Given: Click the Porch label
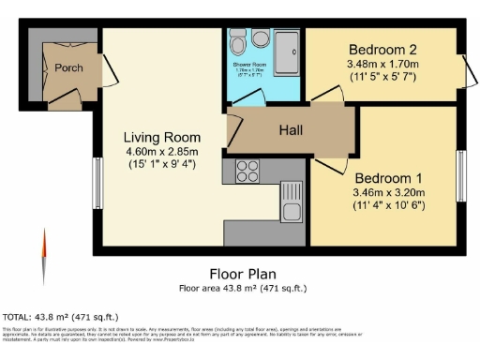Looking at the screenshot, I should tap(68, 67).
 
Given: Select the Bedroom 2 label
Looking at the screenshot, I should tap(382, 50).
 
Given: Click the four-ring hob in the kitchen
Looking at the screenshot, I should tap(247, 171).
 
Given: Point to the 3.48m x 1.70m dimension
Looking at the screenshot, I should tap(382, 65).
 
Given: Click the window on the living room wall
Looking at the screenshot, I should tap(97, 182).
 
